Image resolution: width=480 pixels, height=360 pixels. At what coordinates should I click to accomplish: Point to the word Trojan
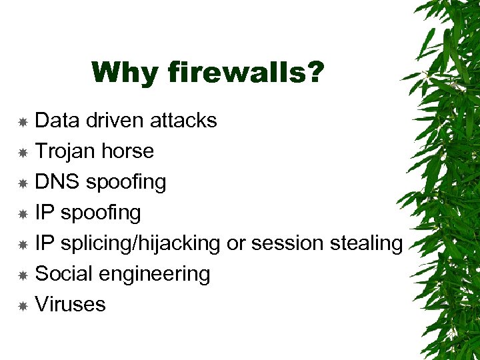click(x=65, y=151)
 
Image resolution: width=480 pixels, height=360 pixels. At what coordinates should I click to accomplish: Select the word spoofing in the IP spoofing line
click(x=101, y=213)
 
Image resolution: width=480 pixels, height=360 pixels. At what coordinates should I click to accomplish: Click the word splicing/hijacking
click(x=140, y=243)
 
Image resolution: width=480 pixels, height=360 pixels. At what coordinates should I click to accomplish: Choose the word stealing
click(x=367, y=243)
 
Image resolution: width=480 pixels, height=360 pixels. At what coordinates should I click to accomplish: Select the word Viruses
click(x=70, y=304)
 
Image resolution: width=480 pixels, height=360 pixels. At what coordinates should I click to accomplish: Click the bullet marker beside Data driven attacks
click(x=23, y=122)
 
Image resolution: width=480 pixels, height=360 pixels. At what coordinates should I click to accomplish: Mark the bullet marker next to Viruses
click(x=23, y=306)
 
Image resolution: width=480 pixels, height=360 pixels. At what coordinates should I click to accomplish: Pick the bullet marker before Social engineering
click(x=23, y=275)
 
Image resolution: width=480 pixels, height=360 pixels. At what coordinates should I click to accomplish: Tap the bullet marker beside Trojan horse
click(x=23, y=153)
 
